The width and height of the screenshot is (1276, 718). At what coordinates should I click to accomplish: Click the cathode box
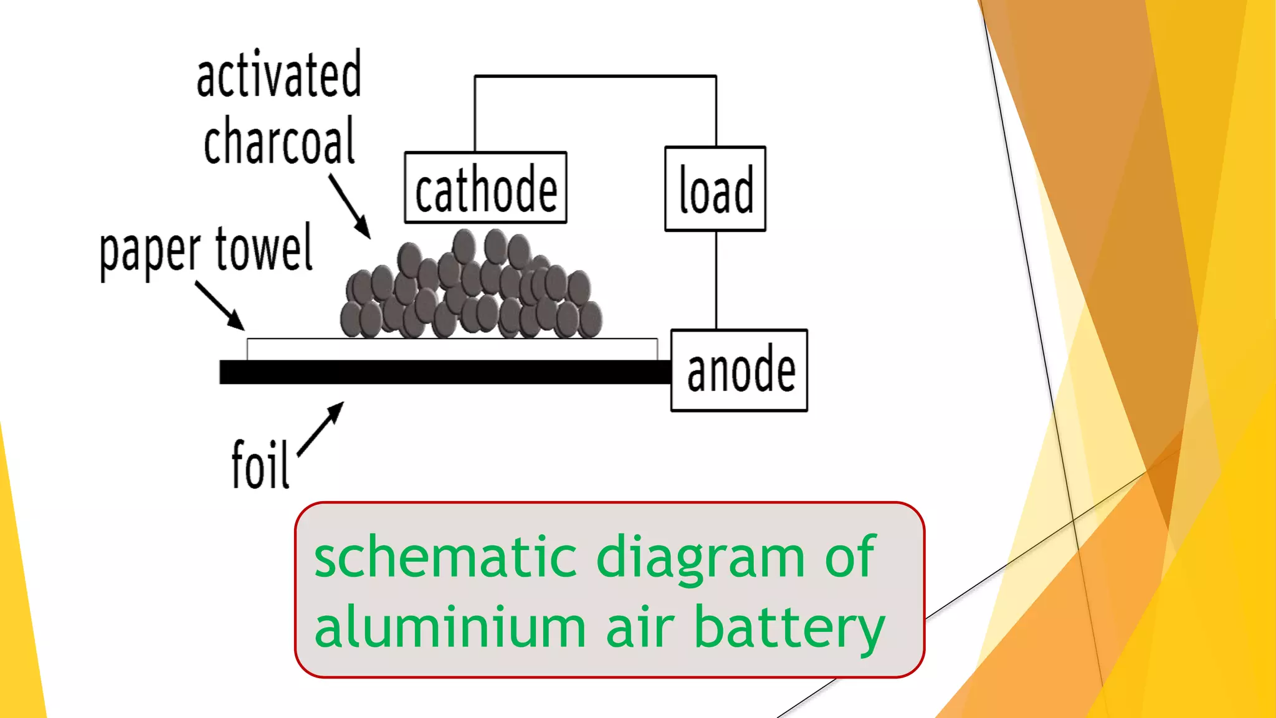(x=485, y=188)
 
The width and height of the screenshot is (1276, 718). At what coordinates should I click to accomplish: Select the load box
(x=715, y=189)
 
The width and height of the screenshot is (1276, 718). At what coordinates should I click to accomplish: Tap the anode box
(x=739, y=370)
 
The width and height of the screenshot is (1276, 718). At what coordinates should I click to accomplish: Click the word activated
(x=279, y=75)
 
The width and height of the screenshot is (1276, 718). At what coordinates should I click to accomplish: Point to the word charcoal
(x=279, y=142)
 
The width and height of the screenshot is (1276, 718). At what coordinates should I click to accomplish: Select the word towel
(x=264, y=249)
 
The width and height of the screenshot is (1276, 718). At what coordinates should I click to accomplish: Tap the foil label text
(x=260, y=464)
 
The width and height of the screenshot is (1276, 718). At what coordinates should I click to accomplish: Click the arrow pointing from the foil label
(x=321, y=429)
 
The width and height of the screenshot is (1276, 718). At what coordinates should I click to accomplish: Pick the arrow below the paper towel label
(x=219, y=305)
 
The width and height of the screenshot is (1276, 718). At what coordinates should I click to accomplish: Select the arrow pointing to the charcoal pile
(x=350, y=206)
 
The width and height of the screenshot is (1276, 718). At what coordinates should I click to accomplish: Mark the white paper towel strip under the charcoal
(x=452, y=349)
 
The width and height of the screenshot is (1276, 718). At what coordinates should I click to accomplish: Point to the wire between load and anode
(x=716, y=280)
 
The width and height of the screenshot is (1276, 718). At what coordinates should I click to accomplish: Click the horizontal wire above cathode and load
(x=595, y=77)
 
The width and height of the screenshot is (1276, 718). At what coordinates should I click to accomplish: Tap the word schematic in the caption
(x=445, y=557)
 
